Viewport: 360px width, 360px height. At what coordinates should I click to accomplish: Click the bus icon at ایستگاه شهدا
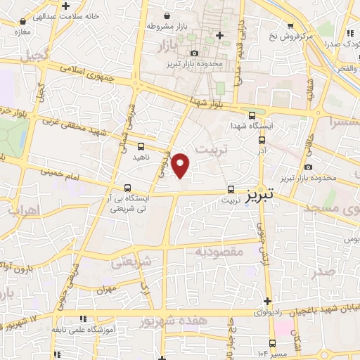(x=252, y=116)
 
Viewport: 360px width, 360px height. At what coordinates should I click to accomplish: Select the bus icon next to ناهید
(x=142, y=147)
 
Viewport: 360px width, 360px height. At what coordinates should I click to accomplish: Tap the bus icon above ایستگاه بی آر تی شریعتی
(x=127, y=188)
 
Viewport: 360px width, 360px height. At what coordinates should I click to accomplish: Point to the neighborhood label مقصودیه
(x=219, y=251)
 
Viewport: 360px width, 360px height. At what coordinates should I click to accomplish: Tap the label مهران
(x=106, y=289)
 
